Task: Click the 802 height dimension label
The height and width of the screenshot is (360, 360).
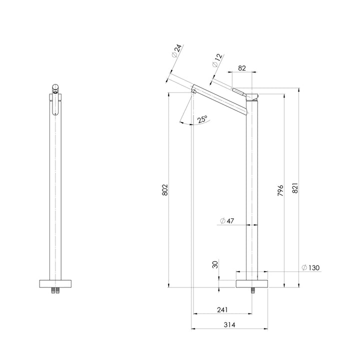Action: point(165,189)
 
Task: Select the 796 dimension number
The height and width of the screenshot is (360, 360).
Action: point(280,190)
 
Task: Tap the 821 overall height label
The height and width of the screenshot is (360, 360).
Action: point(295,188)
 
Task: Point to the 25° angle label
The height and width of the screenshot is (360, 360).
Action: point(202,119)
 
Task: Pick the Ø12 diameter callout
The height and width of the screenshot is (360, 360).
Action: point(217,60)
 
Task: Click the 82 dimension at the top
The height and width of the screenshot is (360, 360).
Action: point(242,68)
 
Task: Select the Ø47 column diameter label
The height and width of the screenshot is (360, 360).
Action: point(227,221)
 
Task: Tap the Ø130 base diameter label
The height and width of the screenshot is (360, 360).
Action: point(310,267)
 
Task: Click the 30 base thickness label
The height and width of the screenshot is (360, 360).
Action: point(215,264)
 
